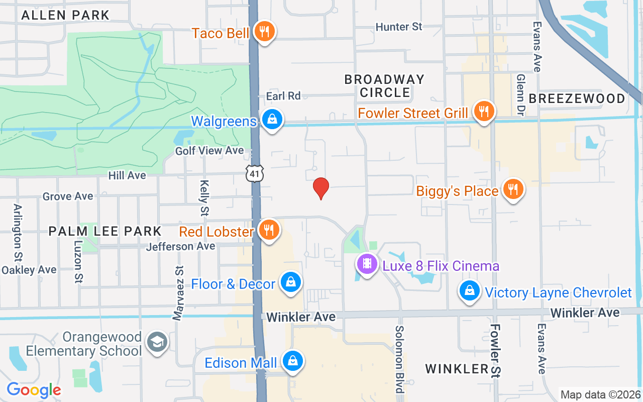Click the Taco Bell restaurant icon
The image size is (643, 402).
tap(263, 32)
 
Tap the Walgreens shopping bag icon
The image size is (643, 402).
tap(272, 120)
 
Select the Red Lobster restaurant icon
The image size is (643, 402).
tap(269, 230)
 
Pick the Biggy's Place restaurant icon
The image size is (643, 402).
tap(512, 189)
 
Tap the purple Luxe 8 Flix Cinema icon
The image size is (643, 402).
tap(367, 263)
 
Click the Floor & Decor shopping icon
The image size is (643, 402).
tap(290, 282)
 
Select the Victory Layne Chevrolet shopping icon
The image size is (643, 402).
tap(470, 290)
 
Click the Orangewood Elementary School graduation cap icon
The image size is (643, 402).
tap(157, 343)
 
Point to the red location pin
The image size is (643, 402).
tap(321, 188)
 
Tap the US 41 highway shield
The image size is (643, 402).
tap(255, 174)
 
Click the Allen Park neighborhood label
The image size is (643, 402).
tap(65, 15)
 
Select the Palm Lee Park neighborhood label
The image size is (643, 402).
tap(105, 231)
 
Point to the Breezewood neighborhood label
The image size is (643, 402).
tap(577, 98)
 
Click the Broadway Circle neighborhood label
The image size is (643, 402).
tap(385, 86)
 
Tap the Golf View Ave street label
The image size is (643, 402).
tap(209, 150)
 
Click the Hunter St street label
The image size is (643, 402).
tap(399, 27)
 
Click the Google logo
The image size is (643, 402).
tap(34, 389)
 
